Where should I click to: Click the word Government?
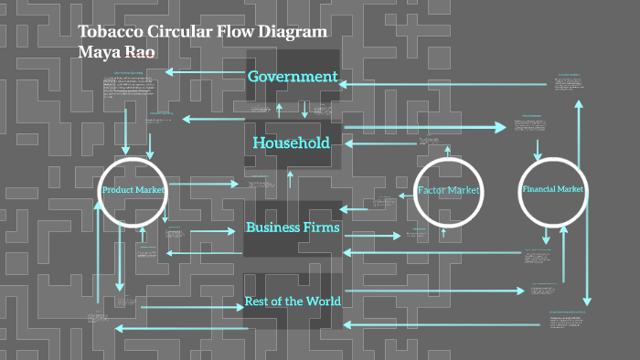(x=293, y=77)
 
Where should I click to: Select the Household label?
(x=291, y=143)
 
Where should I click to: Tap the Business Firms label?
(x=293, y=227)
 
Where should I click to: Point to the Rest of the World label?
(x=293, y=302)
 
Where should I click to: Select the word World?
(x=322, y=302)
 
